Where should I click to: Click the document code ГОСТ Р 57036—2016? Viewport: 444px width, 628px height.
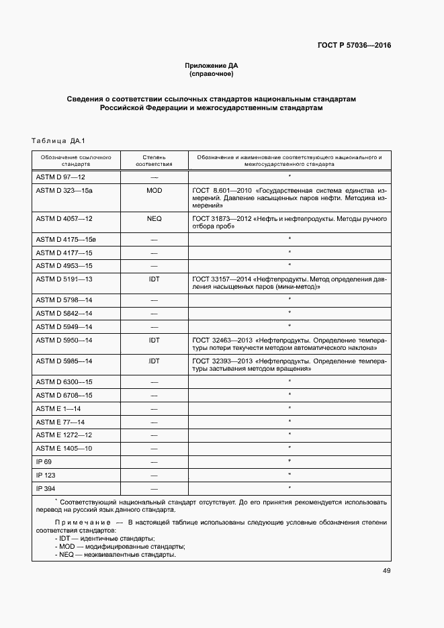pos(354,46)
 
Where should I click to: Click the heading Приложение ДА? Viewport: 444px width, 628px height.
pos(211,65)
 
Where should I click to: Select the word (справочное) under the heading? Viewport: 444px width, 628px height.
pos(211,73)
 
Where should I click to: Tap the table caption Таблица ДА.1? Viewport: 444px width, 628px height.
pos(56,141)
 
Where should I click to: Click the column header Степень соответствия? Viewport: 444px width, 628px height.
pos(154,160)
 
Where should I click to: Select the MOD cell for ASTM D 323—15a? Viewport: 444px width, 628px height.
pos(154,191)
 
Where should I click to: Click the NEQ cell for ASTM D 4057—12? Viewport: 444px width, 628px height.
pos(154,219)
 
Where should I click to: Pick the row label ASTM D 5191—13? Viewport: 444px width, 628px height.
pos(64,278)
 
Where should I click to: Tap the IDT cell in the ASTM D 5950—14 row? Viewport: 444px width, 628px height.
pos(154,341)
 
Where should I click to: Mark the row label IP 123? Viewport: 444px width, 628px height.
pos(46,474)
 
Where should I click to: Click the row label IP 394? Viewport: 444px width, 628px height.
pos(46,488)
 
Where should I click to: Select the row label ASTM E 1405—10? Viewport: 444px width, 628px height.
pos(64,448)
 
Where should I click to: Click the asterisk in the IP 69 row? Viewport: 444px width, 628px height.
pos(289,461)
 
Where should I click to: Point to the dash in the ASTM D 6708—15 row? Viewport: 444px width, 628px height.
pos(154,395)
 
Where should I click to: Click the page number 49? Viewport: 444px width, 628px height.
pos(386,571)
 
